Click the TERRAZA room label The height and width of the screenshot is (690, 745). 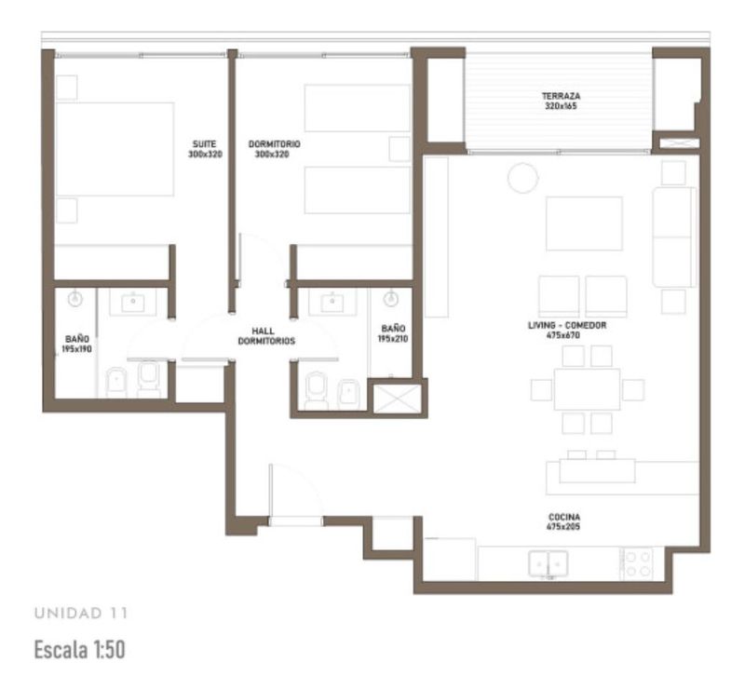(562, 96)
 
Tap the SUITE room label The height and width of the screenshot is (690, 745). (204, 143)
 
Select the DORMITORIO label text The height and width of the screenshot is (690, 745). (274, 143)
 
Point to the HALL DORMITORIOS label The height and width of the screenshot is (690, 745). (266, 335)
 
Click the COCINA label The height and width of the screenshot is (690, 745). (564, 517)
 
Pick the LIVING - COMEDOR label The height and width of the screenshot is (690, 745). (567, 325)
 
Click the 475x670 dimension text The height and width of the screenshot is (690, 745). (563, 335)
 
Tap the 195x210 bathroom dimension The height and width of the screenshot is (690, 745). (393, 338)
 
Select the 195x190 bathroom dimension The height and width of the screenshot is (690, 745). (76, 349)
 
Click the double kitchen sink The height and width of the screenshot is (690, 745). (549, 563)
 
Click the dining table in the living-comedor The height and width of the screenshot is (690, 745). (587, 389)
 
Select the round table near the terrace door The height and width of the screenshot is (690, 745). (522, 178)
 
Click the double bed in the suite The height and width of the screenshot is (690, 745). (115, 149)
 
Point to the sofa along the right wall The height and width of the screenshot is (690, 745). (674, 237)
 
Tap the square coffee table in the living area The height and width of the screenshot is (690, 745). (584, 223)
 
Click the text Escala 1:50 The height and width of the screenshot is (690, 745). (80, 649)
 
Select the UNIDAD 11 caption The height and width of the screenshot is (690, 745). (81, 613)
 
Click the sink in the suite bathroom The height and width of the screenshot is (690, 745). (133, 303)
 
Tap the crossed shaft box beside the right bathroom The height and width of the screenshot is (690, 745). (398, 399)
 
